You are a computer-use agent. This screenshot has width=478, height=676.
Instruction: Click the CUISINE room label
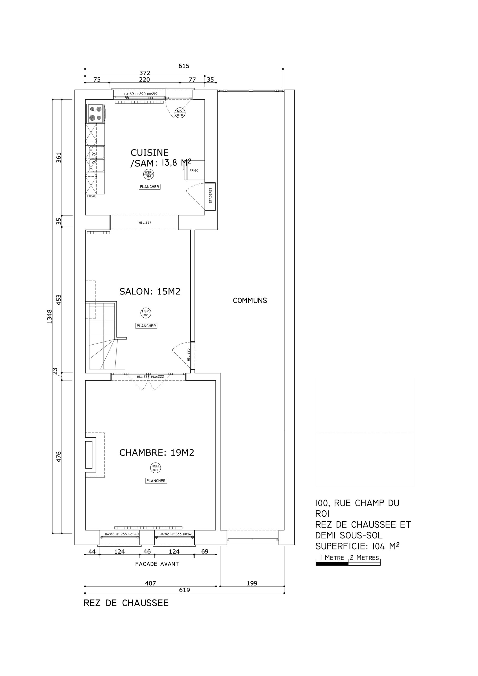click(x=150, y=153)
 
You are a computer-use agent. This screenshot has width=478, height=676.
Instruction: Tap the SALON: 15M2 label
click(x=150, y=292)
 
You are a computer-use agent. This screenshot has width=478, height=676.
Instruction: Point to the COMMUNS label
click(x=250, y=300)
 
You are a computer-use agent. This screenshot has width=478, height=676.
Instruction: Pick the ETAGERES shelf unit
click(x=210, y=196)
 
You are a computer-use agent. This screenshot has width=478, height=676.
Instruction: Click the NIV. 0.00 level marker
click(x=180, y=113)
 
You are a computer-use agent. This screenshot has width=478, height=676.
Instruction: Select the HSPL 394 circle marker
click(x=149, y=174)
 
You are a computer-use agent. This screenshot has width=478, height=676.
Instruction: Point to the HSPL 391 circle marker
click(x=156, y=468)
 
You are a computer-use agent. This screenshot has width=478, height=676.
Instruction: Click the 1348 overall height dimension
click(x=49, y=317)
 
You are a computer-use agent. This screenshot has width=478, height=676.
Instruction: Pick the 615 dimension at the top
click(x=184, y=66)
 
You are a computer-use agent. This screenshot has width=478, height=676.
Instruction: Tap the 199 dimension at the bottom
click(x=252, y=583)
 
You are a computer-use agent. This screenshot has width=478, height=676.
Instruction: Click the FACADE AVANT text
click(x=157, y=564)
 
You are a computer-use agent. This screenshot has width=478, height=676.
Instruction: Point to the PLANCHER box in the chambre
click(x=156, y=481)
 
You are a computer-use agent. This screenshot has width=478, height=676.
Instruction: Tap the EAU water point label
click(x=92, y=196)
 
